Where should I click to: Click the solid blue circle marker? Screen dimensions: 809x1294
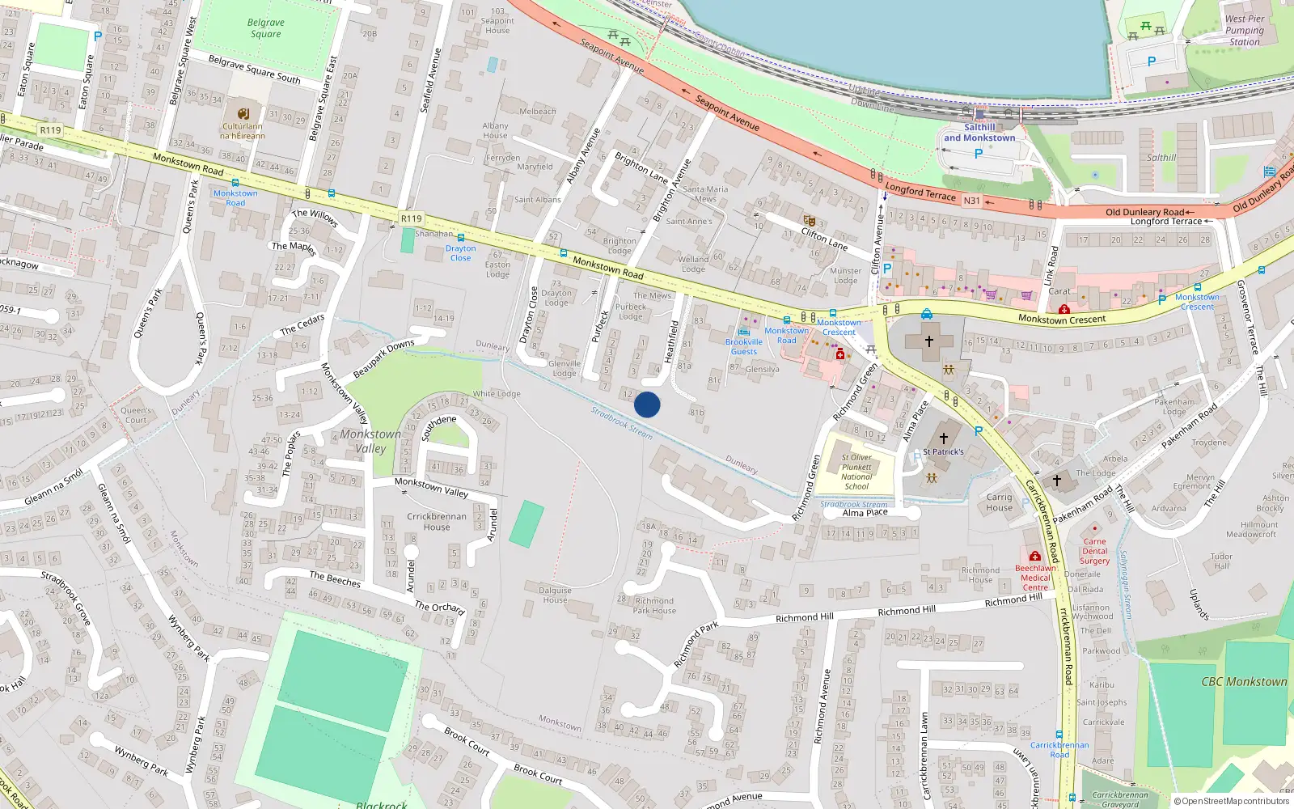647,404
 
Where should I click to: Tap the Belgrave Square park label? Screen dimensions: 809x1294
265,28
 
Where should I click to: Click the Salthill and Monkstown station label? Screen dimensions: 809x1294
979,133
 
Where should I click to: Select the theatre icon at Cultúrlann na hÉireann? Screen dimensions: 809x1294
243,113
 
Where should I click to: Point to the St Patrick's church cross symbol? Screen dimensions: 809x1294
943,438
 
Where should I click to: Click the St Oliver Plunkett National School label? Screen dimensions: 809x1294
856,472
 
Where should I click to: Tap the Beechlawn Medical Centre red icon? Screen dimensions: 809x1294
1034,557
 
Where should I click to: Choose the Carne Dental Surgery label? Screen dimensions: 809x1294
1094,551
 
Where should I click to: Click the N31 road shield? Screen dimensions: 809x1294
971,201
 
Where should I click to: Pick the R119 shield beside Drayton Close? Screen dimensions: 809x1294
412,218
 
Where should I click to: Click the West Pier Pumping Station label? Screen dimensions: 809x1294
1244,31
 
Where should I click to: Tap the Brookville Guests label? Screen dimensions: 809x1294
743,346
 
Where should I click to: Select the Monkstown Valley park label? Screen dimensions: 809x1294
370,441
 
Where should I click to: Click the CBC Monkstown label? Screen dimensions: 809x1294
1244,682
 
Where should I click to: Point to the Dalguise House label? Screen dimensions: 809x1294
555,595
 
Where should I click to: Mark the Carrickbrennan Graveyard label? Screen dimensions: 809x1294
1120,799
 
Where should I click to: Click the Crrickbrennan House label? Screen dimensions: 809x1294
437,522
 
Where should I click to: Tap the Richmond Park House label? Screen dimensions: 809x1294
654,606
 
